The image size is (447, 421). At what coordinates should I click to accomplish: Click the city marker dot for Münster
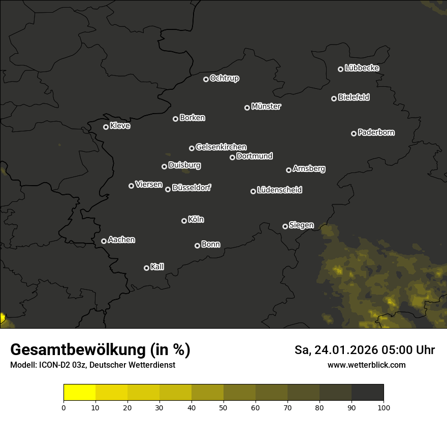pyautogui.click(x=247, y=108)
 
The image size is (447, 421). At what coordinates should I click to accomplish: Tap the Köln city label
pyautogui.click(x=196, y=220)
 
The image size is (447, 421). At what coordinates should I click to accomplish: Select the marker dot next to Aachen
pyautogui.click(x=104, y=241)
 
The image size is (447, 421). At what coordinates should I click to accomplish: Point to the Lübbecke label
pyautogui.click(x=362, y=68)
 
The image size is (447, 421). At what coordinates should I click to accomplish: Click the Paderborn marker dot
pyautogui.click(x=354, y=133)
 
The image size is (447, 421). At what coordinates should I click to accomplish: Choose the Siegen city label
pyautogui.click(x=301, y=225)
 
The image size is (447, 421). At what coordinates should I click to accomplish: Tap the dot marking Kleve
pyautogui.click(x=106, y=127)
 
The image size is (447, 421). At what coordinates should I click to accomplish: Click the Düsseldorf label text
pyautogui.click(x=191, y=188)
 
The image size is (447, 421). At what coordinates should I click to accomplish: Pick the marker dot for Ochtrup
pyautogui.click(x=206, y=79)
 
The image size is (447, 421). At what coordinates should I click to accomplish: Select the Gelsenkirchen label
pyautogui.click(x=221, y=147)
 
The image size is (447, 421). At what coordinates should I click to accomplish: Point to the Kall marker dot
pyautogui.click(x=147, y=268)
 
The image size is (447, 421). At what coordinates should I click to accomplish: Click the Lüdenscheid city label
pyautogui.click(x=279, y=190)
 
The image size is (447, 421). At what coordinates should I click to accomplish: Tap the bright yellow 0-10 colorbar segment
pyautogui.click(x=80, y=393)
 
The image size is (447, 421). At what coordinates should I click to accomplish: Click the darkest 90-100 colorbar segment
pyautogui.click(x=367, y=393)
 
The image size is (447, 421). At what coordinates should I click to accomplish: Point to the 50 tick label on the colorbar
pyautogui.click(x=223, y=407)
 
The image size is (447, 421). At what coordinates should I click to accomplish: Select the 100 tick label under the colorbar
pyautogui.click(x=384, y=407)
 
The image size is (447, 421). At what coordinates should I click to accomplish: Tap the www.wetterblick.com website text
pyautogui.click(x=366, y=365)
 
